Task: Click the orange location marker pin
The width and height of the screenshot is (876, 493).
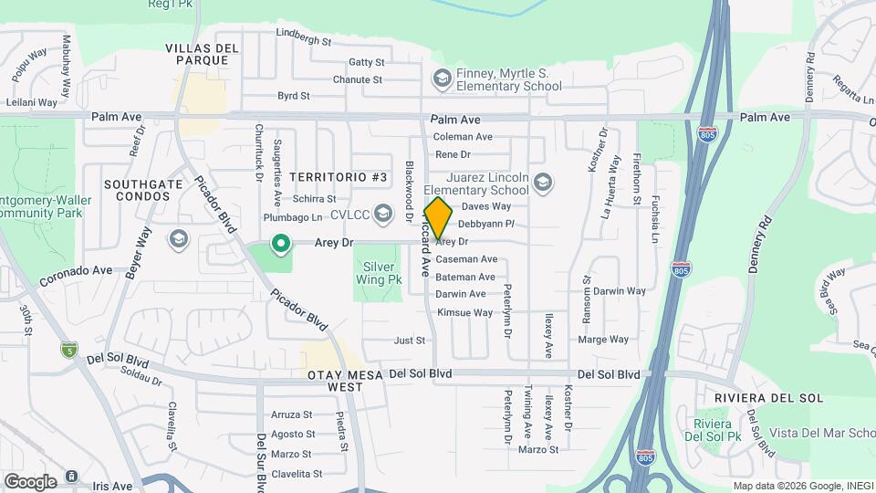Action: pos(438,217)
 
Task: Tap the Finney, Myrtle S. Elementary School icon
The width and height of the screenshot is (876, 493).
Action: pos(443,79)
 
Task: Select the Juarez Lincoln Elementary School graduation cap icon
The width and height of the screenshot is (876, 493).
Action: pos(543,183)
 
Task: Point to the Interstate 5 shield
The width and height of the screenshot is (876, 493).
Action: pos(68,350)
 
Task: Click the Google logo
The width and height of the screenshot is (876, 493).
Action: pos(30,481)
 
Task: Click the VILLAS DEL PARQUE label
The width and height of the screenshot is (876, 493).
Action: pos(203,53)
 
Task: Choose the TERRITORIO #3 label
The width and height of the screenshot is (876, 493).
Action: pos(339,175)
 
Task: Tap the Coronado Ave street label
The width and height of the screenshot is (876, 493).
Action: pos(77,271)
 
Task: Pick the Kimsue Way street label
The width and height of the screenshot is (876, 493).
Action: pos(465,312)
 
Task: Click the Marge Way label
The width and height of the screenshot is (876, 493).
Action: pos(603,340)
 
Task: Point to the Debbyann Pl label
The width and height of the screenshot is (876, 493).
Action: pos(486,224)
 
